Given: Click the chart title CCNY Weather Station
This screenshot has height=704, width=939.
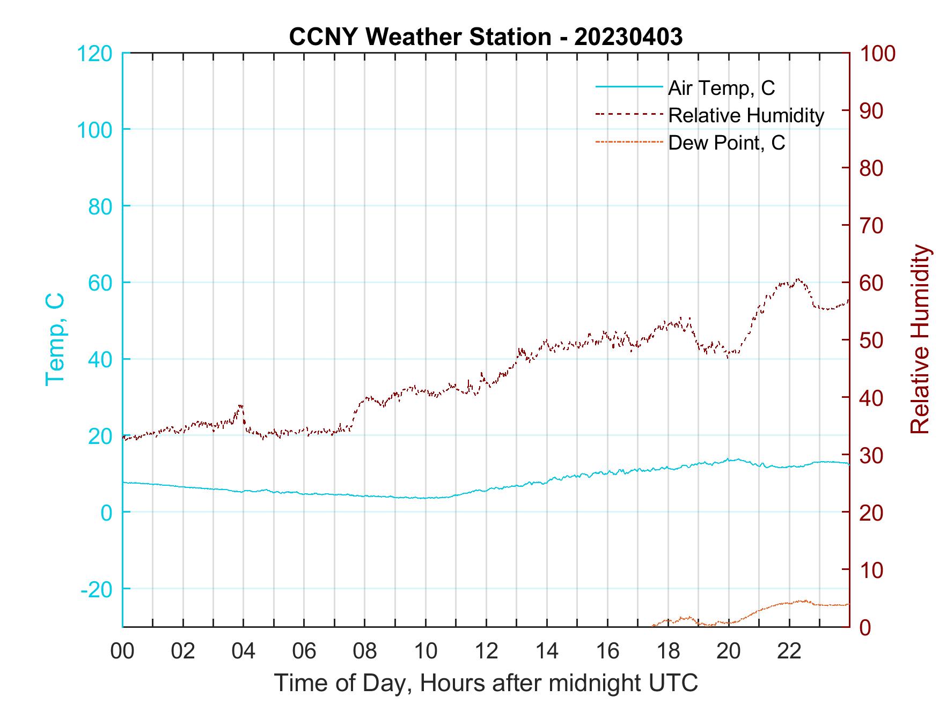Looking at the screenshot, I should (x=486, y=36).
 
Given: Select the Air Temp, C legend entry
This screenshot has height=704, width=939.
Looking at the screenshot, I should (x=721, y=88).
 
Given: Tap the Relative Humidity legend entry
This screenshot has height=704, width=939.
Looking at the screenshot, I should (x=746, y=115).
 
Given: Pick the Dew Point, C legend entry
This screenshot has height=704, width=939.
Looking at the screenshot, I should (x=727, y=143).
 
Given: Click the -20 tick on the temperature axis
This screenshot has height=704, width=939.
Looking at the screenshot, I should (x=97, y=589).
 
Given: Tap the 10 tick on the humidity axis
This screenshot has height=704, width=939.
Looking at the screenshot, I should (x=872, y=570).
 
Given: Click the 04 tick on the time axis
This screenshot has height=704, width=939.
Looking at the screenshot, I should (x=243, y=651).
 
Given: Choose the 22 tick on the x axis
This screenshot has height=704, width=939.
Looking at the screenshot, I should (x=789, y=651).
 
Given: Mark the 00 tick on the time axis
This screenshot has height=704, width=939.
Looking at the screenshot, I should (x=122, y=651).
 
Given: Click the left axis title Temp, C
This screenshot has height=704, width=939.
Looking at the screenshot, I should (x=55, y=339).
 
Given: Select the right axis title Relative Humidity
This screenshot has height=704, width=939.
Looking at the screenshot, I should (x=920, y=339).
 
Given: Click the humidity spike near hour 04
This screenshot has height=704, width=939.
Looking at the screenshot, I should (x=241, y=406).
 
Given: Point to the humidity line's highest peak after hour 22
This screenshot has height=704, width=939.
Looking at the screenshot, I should (x=798, y=279).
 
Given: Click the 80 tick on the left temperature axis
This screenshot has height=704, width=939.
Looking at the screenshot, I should (x=100, y=206).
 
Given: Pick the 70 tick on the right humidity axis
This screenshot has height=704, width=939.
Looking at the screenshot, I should (x=872, y=226).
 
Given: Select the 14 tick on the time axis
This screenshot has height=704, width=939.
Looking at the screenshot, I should (x=547, y=651).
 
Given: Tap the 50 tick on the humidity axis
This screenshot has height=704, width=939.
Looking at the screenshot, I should (x=872, y=340).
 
